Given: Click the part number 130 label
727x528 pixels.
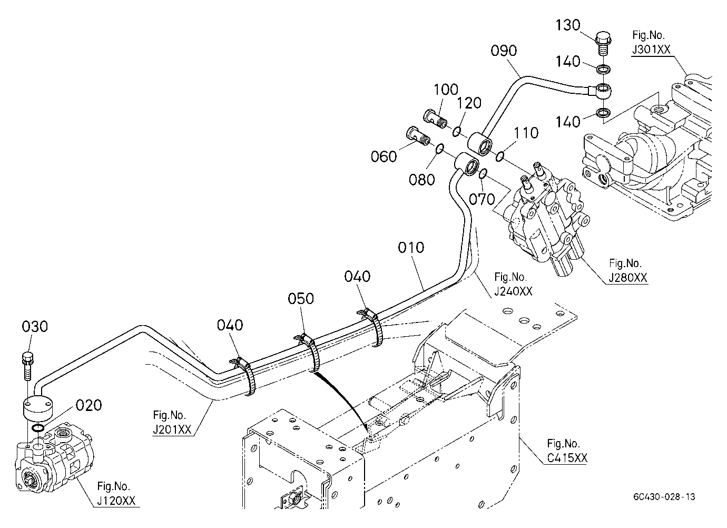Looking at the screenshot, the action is [568, 25].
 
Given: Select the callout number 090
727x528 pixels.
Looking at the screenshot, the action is [504, 51].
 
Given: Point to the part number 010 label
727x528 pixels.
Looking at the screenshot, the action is [411, 248].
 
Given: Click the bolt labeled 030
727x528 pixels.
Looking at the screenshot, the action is [27, 366].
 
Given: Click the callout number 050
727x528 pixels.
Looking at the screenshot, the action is [301, 298].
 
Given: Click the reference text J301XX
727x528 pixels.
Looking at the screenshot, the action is [651, 50].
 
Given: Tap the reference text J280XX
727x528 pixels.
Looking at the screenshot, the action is [627, 278].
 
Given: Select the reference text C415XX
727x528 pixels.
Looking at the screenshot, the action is [567, 458].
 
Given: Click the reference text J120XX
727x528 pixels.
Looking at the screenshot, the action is [116, 501].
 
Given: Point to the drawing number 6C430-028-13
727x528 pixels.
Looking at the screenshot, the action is [664, 497].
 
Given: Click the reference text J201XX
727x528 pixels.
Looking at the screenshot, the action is [172, 429].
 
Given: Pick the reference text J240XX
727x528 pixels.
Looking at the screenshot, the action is [513, 291].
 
